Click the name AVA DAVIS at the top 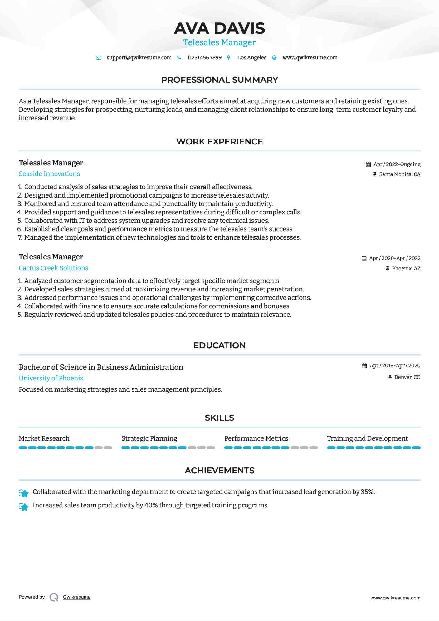(219, 28)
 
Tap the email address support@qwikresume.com (139, 57)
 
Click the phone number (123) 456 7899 (204, 57)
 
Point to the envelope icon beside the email (99, 58)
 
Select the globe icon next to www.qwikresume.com (274, 57)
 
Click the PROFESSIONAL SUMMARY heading (219, 80)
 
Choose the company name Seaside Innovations (49, 174)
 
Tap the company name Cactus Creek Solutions (53, 268)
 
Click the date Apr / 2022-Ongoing (397, 164)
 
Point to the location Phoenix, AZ (406, 268)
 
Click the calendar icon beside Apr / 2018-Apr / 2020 (364, 365)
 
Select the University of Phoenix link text (51, 378)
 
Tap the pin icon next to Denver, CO (390, 377)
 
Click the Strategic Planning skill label (149, 438)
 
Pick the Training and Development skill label (367, 438)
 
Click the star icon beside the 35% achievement (24, 493)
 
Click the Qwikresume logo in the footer (54, 597)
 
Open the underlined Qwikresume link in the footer (77, 597)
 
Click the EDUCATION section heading (219, 345)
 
